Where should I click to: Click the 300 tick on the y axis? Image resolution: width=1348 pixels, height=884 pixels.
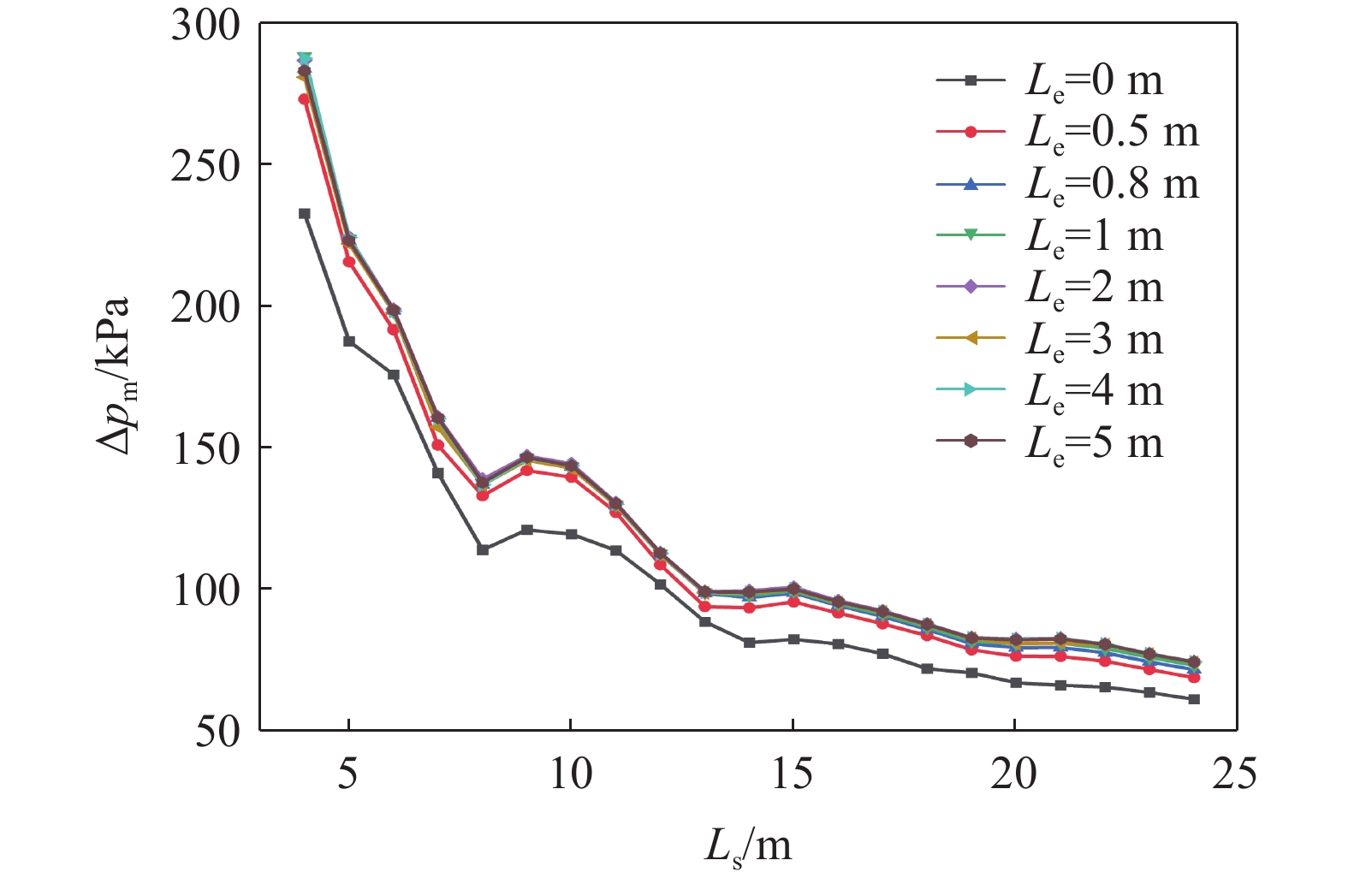tap(206, 25)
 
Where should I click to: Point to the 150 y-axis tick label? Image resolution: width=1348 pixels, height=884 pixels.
tap(206, 448)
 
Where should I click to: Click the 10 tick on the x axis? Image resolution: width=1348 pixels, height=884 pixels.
tap(570, 774)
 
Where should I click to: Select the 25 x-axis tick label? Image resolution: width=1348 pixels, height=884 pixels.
tap(1235, 774)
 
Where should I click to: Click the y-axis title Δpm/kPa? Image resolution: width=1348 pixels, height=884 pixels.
tap(114, 377)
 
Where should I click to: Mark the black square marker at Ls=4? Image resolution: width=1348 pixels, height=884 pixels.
tap(304, 214)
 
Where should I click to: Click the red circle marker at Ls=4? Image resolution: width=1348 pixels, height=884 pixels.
tap(304, 99)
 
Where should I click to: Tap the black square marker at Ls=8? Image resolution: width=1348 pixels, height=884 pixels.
tap(482, 549)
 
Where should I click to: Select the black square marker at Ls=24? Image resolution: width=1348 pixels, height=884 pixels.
tap(1194, 699)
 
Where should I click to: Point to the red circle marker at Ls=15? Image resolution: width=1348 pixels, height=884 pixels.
tap(793, 602)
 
